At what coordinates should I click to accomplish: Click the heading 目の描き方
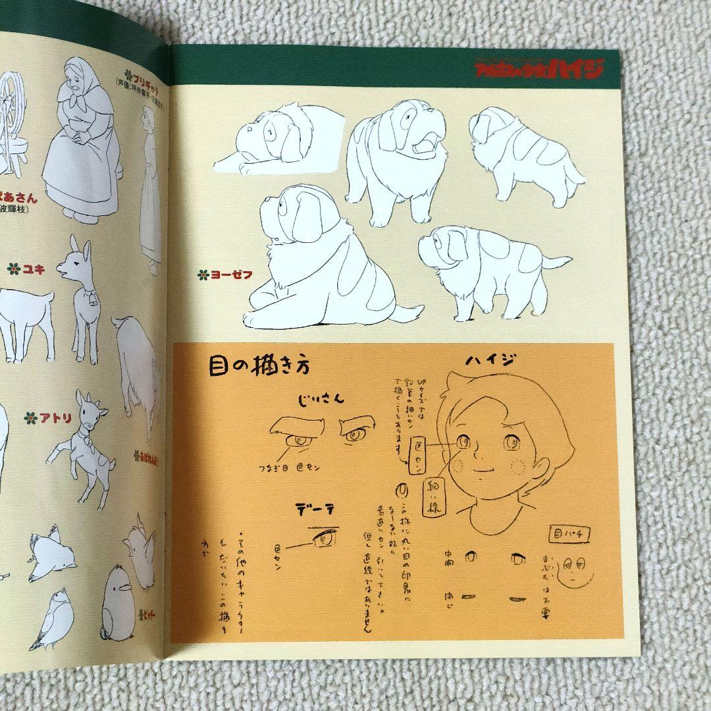[261, 365]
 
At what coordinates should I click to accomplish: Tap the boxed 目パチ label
[568, 535]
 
